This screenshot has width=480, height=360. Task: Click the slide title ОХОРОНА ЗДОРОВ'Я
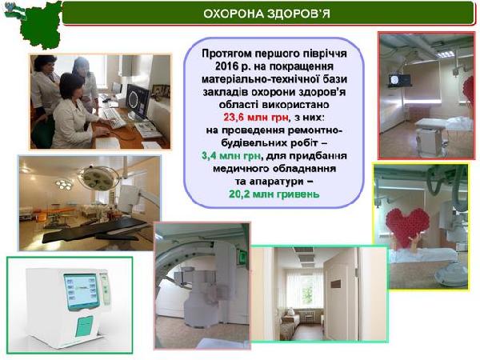pyautogui.click(x=266, y=14)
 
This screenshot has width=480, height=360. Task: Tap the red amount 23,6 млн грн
pyautogui.click(x=256, y=118)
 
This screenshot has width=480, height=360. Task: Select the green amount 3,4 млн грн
pyautogui.click(x=231, y=156)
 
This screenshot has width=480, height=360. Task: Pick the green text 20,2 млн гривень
pyautogui.click(x=274, y=194)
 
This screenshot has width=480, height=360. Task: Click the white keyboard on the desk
pyautogui.click(x=113, y=118)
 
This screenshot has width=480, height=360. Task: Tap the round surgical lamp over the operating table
pyautogui.click(x=98, y=177)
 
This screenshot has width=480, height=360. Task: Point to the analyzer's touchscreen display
pyautogui.click(x=81, y=291)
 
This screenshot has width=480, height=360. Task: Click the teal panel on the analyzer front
pyautogui.click(x=83, y=326)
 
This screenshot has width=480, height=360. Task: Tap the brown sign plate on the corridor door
pyautogui.click(x=336, y=284)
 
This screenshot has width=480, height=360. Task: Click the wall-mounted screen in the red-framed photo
pyautogui.click(x=399, y=81)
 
